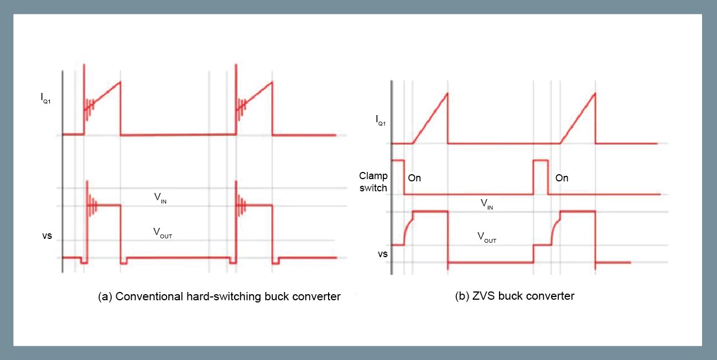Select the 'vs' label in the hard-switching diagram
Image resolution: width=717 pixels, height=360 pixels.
pyautogui.click(x=47, y=236)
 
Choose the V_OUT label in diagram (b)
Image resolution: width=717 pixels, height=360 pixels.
pyautogui.click(x=487, y=238)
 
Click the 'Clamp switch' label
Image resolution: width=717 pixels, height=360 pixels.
pyautogui.click(x=373, y=182)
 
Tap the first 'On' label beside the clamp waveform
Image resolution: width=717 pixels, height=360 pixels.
pyautogui.click(x=414, y=178)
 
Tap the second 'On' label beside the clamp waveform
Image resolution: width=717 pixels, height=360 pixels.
pyautogui.click(x=562, y=178)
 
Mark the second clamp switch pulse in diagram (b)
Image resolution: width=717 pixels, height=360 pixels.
pyautogui.click(x=540, y=176)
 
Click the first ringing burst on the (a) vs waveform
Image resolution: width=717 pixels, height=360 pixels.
pyautogui.click(x=91, y=206)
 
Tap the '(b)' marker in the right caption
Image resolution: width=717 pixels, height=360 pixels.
pyautogui.click(x=463, y=296)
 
